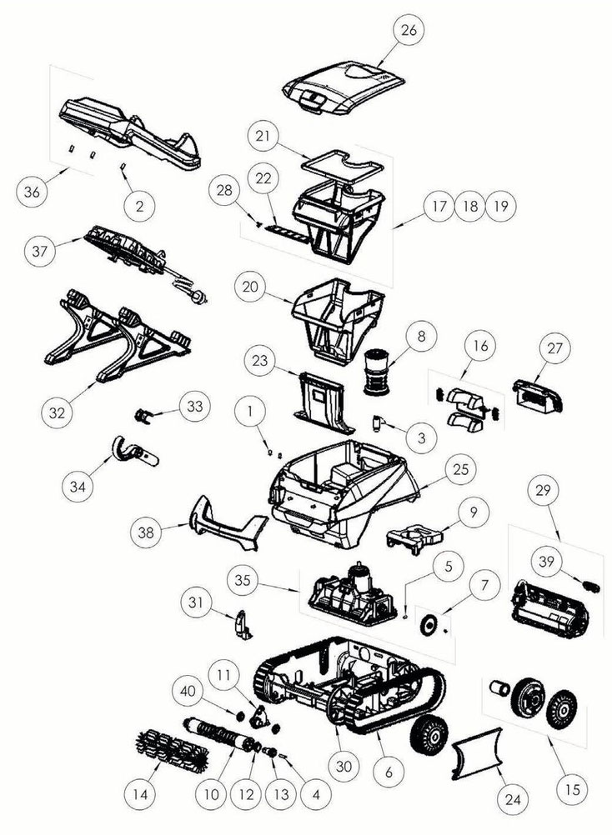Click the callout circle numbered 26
point(409,30)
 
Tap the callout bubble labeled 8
point(421,337)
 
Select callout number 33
point(194,407)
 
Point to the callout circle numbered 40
point(188,691)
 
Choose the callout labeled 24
point(513,799)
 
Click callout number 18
point(470,206)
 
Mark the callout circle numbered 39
point(546,562)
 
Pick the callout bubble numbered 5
point(448,567)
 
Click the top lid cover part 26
point(344,89)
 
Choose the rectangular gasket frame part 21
point(342,164)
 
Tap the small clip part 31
point(243,624)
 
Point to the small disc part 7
point(427,624)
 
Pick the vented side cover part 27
point(537,397)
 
